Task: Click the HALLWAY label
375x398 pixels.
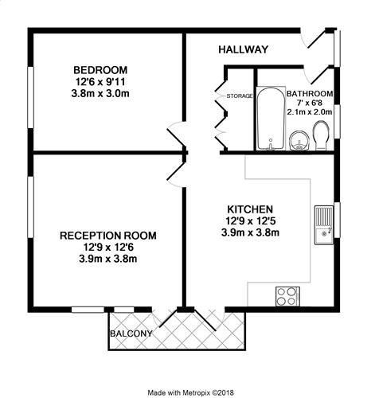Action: click(x=243, y=49)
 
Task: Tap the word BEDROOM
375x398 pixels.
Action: click(x=100, y=70)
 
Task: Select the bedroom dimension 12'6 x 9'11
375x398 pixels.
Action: click(x=100, y=82)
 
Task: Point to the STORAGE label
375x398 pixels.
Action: click(x=239, y=96)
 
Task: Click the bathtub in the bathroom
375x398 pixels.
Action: click(x=270, y=119)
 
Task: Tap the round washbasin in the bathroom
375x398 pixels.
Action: click(x=299, y=141)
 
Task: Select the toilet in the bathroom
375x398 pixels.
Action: click(x=321, y=135)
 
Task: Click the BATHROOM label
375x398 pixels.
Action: click(x=310, y=94)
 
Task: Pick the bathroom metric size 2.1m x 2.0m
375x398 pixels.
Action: click(x=310, y=112)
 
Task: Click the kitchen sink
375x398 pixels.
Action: click(x=324, y=224)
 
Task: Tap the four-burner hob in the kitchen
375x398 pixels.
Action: click(x=287, y=296)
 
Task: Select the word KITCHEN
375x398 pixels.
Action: click(x=250, y=209)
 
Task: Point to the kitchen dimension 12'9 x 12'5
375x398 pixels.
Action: click(x=250, y=220)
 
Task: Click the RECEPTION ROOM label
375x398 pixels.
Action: click(x=108, y=236)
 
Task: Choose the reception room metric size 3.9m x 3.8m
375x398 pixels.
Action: click(x=108, y=259)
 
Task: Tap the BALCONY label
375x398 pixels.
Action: click(x=131, y=334)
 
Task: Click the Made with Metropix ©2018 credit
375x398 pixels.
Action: click(x=191, y=392)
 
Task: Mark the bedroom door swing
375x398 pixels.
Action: click(x=175, y=137)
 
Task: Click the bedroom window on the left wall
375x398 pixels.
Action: click(x=31, y=97)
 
